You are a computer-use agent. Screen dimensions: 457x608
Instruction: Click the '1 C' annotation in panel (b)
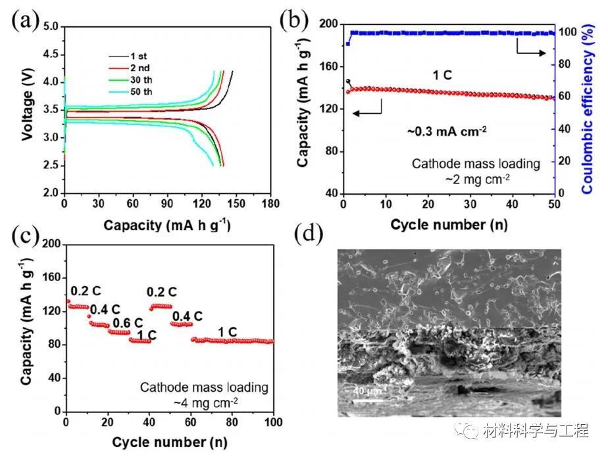[442, 75]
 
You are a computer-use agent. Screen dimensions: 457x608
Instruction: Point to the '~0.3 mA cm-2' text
[446, 131]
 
